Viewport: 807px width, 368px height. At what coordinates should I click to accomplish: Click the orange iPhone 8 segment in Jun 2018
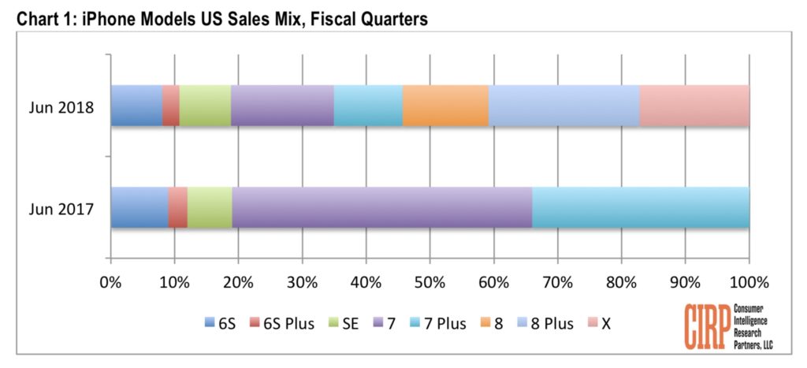pos(445,106)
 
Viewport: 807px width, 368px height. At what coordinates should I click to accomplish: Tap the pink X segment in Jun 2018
pos(694,106)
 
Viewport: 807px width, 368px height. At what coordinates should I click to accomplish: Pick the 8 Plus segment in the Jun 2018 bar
pos(563,106)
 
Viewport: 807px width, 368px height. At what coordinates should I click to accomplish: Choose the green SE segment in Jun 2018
pos(205,106)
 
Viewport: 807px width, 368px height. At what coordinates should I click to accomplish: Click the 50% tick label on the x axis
pos(430,282)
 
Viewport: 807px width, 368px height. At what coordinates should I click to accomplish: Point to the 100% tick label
pos(748,282)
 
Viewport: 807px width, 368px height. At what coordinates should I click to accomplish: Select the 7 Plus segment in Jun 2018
pos(368,106)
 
